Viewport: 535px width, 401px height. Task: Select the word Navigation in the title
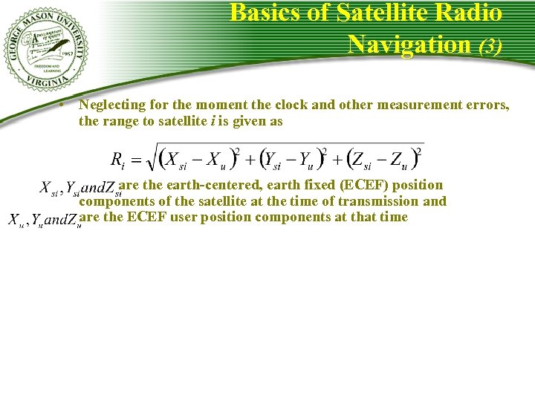409,44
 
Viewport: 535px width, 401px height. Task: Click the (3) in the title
490,45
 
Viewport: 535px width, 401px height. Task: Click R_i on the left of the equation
117,160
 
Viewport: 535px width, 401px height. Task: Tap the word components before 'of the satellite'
116,201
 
